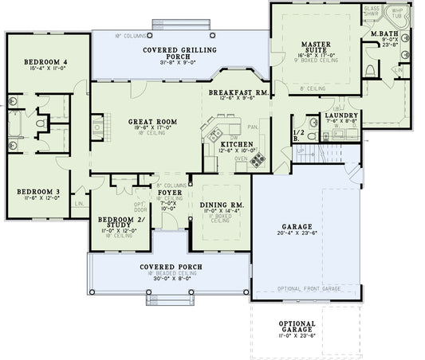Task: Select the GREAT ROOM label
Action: click(152, 122)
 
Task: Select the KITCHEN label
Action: click(238, 143)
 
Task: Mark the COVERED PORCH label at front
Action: click(169, 266)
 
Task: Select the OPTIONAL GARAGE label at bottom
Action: click(297, 327)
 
